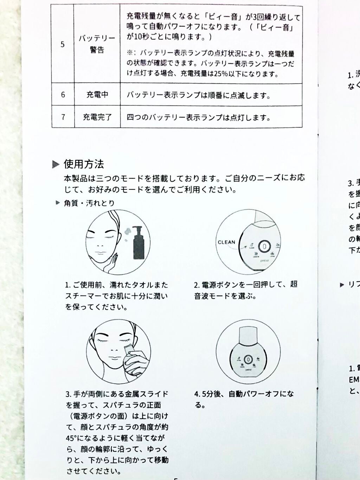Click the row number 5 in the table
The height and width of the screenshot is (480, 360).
[x=63, y=44]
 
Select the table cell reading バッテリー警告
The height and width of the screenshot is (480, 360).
[x=97, y=44]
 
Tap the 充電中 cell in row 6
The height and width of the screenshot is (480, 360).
[x=97, y=95]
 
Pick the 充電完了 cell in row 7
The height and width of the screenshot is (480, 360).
[x=97, y=117]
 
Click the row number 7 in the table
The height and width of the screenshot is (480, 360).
[x=63, y=117]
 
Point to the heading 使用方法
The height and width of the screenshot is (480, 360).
[x=84, y=164]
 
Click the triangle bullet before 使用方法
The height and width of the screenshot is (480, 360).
[x=56, y=164]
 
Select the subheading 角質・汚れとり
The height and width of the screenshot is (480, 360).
[x=89, y=203]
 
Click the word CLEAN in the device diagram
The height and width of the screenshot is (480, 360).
[x=226, y=242]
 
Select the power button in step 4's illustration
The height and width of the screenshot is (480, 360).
[x=248, y=359]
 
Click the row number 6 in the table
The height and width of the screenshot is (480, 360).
[x=63, y=95]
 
